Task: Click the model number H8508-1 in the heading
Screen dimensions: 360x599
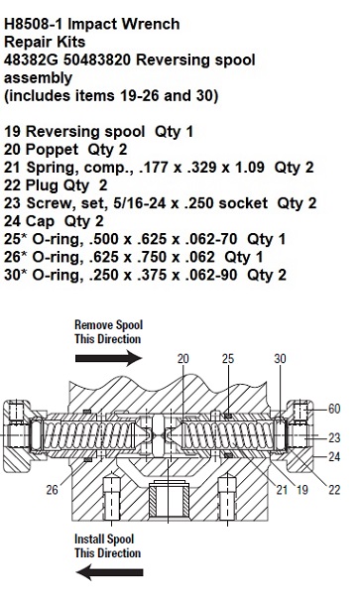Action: pos(34,24)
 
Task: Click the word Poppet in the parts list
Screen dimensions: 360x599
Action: pos(52,150)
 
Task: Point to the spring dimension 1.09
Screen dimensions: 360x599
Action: pos(249,168)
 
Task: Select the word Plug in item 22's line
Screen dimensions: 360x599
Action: pos(41,185)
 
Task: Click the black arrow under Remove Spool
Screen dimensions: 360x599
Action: pos(108,358)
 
